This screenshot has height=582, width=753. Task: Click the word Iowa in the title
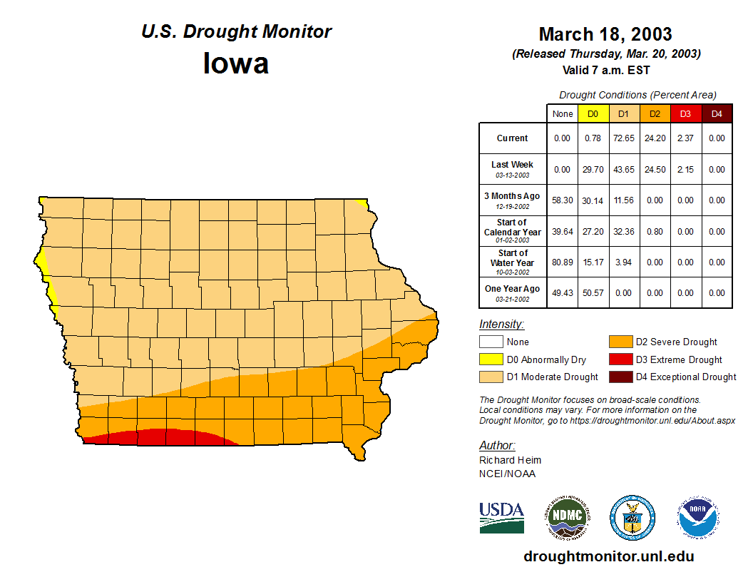[236, 63]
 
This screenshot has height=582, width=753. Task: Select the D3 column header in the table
[685, 113]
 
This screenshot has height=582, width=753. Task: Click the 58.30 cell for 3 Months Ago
[563, 200]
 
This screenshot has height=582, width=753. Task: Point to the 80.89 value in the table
[563, 262]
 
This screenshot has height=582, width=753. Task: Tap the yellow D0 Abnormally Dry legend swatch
[490, 359]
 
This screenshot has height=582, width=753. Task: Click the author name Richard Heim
[510, 460]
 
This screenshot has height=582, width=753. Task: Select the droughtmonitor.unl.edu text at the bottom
[608, 556]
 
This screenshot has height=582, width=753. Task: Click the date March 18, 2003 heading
[605, 34]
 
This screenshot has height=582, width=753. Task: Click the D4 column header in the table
[717, 113]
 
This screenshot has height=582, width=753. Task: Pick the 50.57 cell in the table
[593, 292]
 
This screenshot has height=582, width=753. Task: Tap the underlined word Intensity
[501, 325]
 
